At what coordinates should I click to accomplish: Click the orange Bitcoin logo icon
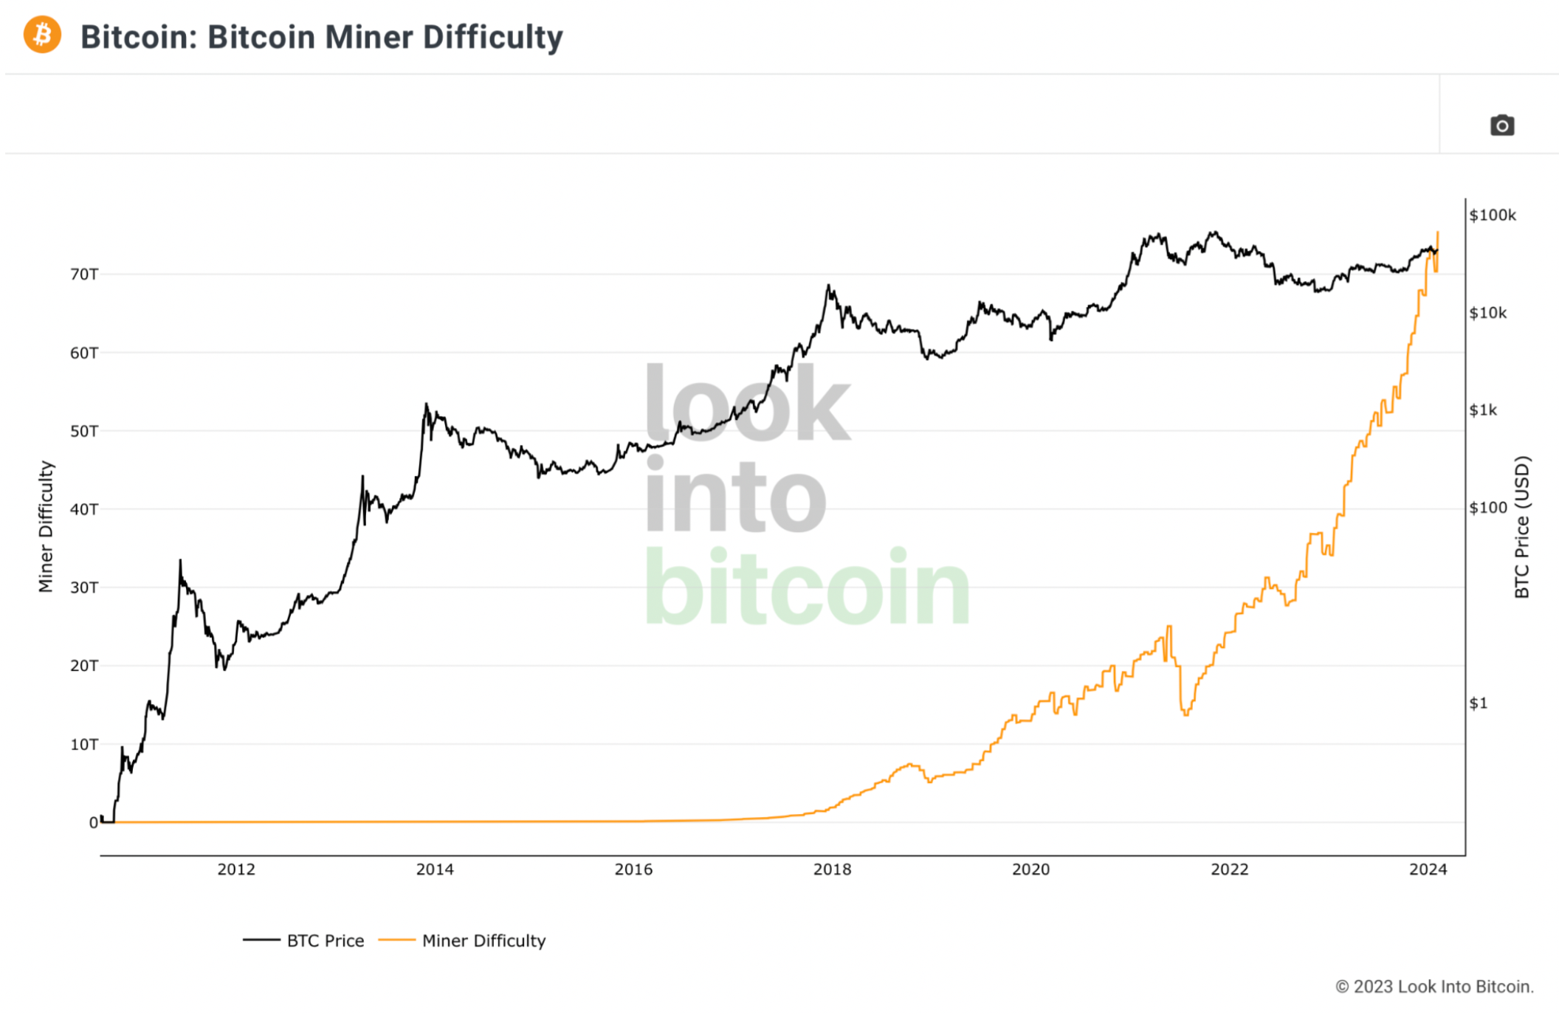42,35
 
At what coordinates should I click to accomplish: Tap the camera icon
1501,125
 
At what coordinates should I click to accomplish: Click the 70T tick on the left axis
84,275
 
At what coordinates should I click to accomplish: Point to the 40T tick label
84,509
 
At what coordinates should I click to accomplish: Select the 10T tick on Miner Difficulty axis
84,745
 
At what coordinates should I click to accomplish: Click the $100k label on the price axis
1493,215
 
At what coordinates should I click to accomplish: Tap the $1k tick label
1483,410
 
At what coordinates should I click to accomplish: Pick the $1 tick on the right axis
1478,703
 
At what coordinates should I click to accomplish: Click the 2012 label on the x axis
236,869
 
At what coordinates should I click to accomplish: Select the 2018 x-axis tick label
832,869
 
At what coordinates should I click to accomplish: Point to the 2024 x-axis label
1428,869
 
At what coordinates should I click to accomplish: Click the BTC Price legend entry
303,940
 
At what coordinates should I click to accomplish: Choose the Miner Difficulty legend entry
462,940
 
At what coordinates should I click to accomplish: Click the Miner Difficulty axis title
46,526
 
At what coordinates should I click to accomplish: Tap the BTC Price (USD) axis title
1522,527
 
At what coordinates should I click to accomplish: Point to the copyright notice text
1434,987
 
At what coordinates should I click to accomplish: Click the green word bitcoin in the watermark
808,587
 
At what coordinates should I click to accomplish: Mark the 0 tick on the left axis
94,823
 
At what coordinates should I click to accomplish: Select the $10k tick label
1488,313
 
